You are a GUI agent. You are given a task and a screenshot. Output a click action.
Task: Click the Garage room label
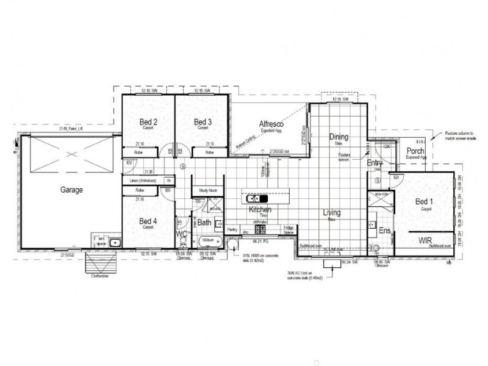click(x=72, y=190)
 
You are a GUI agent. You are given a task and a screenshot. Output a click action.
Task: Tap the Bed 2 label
click(x=148, y=122)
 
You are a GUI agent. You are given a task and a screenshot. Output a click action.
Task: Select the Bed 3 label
click(x=203, y=122)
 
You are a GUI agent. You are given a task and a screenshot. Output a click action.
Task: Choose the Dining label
click(x=339, y=137)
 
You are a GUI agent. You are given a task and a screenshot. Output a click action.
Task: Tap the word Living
click(x=332, y=213)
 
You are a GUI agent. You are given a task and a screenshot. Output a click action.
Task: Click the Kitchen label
click(x=259, y=210)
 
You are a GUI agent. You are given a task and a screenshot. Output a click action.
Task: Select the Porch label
click(x=415, y=151)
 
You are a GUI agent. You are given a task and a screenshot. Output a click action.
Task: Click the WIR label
click(x=425, y=242)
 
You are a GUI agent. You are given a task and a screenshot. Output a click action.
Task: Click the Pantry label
click(x=232, y=230)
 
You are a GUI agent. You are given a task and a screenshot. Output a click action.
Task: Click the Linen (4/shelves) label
click(x=139, y=181)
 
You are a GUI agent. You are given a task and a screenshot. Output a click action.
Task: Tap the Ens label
click(x=384, y=231)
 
